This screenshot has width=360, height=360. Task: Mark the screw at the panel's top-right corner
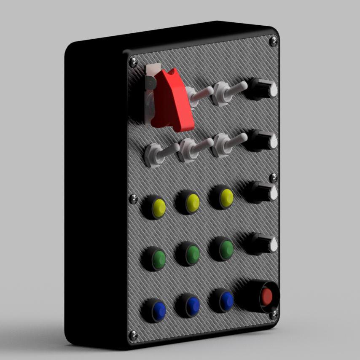273,41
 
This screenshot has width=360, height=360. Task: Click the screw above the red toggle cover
133,62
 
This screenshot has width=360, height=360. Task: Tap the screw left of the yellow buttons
133,199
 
